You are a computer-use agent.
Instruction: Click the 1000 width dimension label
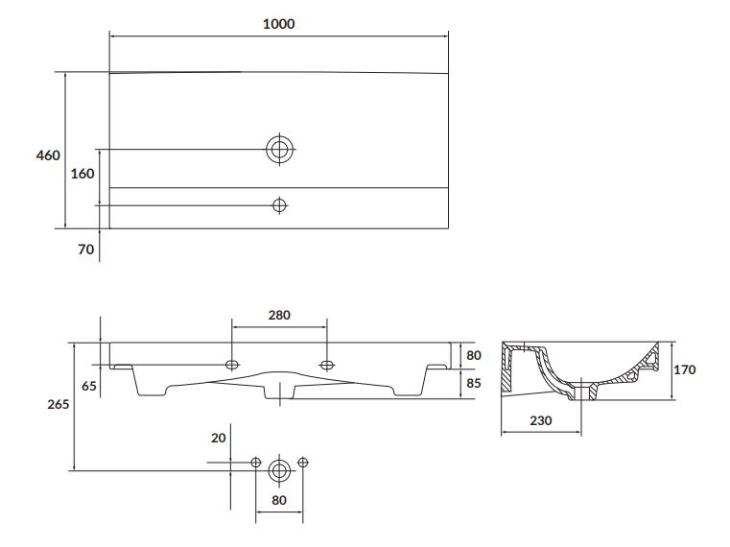pyautogui.click(x=278, y=24)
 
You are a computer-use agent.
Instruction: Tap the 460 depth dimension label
pyautogui.click(x=48, y=155)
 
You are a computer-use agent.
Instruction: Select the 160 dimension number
pyautogui.click(x=82, y=174)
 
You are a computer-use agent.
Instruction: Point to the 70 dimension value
pyautogui.click(x=85, y=250)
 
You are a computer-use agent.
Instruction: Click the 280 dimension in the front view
pyautogui.click(x=279, y=316)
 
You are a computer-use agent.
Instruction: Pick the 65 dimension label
pyautogui.click(x=89, y=386)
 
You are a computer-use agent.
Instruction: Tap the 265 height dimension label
pyautogui.click(x=59, y=404)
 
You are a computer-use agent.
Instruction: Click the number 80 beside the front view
pyautogui.click(x=474, y=355)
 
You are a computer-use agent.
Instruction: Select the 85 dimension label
pyautogui.click(x=474, y=384)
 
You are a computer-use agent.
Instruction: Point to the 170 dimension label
pyautogui.click(x=684, y=370)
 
